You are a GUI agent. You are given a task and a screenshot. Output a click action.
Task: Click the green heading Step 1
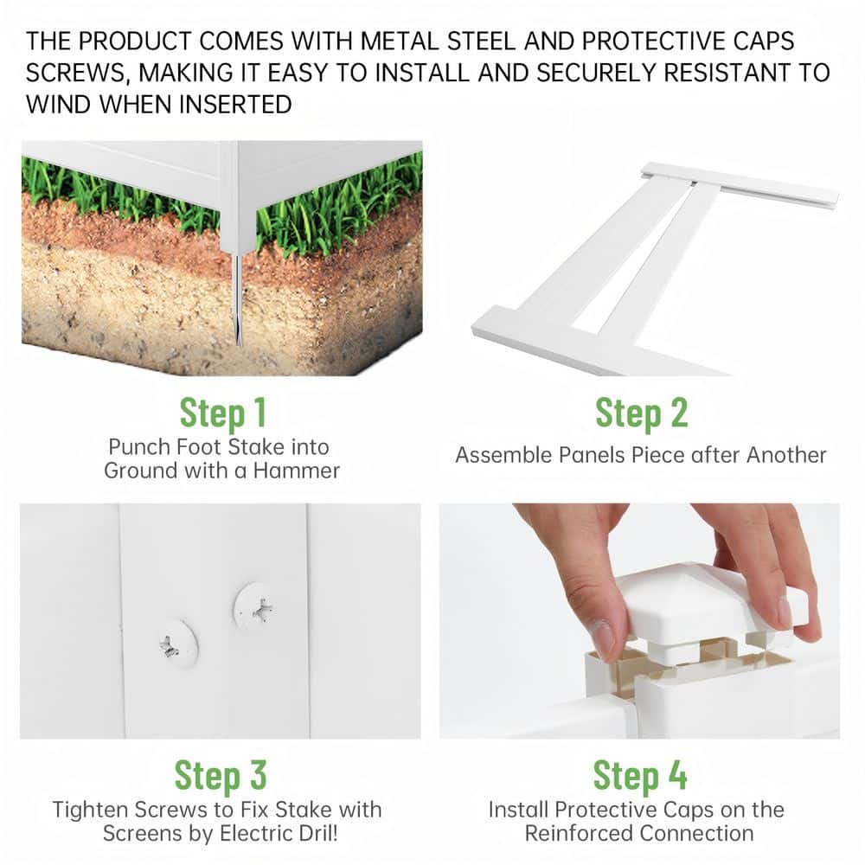223,413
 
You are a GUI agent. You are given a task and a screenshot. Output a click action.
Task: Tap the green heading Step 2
642,413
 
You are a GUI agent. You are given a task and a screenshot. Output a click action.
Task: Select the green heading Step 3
221,776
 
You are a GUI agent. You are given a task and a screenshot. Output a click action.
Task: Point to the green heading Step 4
640,776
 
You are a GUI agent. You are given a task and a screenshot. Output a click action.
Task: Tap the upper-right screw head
255,607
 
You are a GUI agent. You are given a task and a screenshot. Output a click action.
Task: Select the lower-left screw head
177,644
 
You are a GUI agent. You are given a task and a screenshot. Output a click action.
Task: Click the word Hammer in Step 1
296,471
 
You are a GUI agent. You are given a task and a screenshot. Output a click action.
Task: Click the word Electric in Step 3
250,833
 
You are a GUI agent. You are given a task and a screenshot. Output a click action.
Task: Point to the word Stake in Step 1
257,447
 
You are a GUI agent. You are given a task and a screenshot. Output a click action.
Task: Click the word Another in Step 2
786,455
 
